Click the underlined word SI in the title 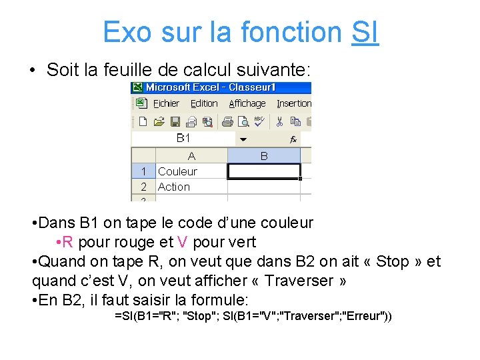point(365,31)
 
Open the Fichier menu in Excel point(166,103)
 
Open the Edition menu point(204,103)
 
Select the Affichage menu point(247,103)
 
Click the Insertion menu point(294,103)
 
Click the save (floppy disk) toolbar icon point(175,121)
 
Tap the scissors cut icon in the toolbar point(279,121)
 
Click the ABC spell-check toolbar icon point(259,121)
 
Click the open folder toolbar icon point(159,121)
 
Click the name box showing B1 point(183,138)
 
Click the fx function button point(293,139)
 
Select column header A point(191,156)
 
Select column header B point(264,156)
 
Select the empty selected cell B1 point(264,171)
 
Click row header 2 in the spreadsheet point(143,187)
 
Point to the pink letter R point(68,242)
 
